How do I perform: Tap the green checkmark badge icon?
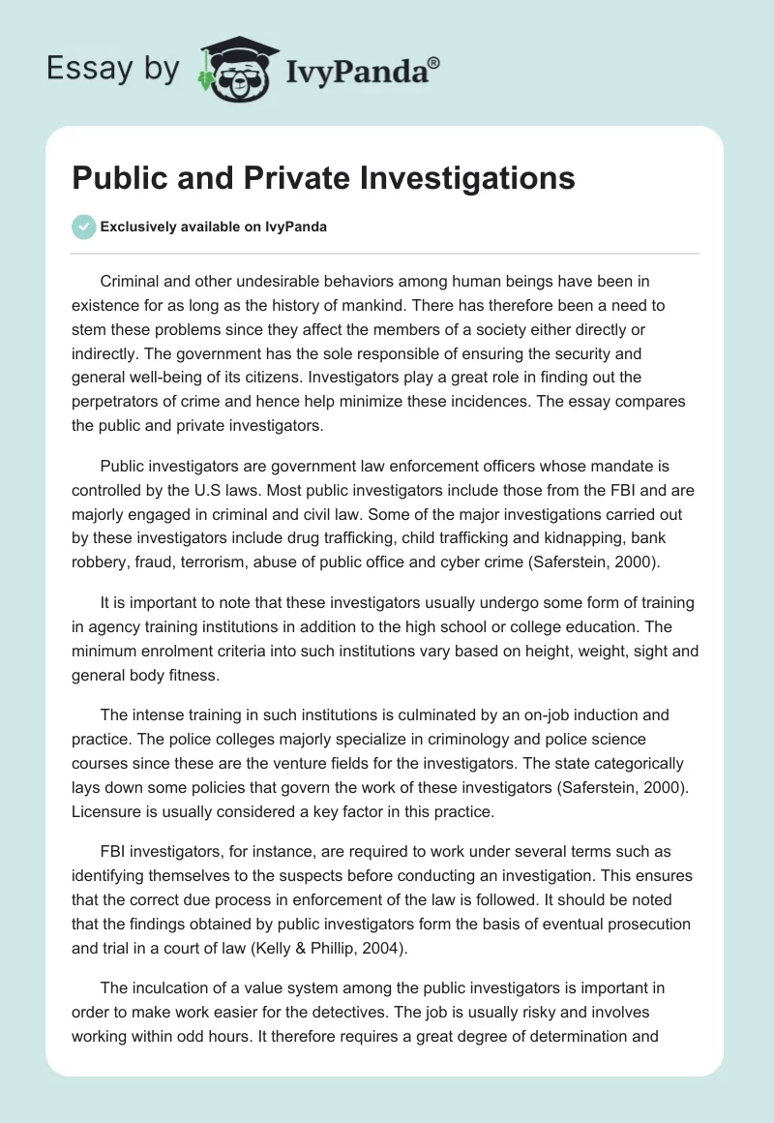click(x=83, y=227)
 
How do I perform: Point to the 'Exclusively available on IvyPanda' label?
click(x=214, y=228)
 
